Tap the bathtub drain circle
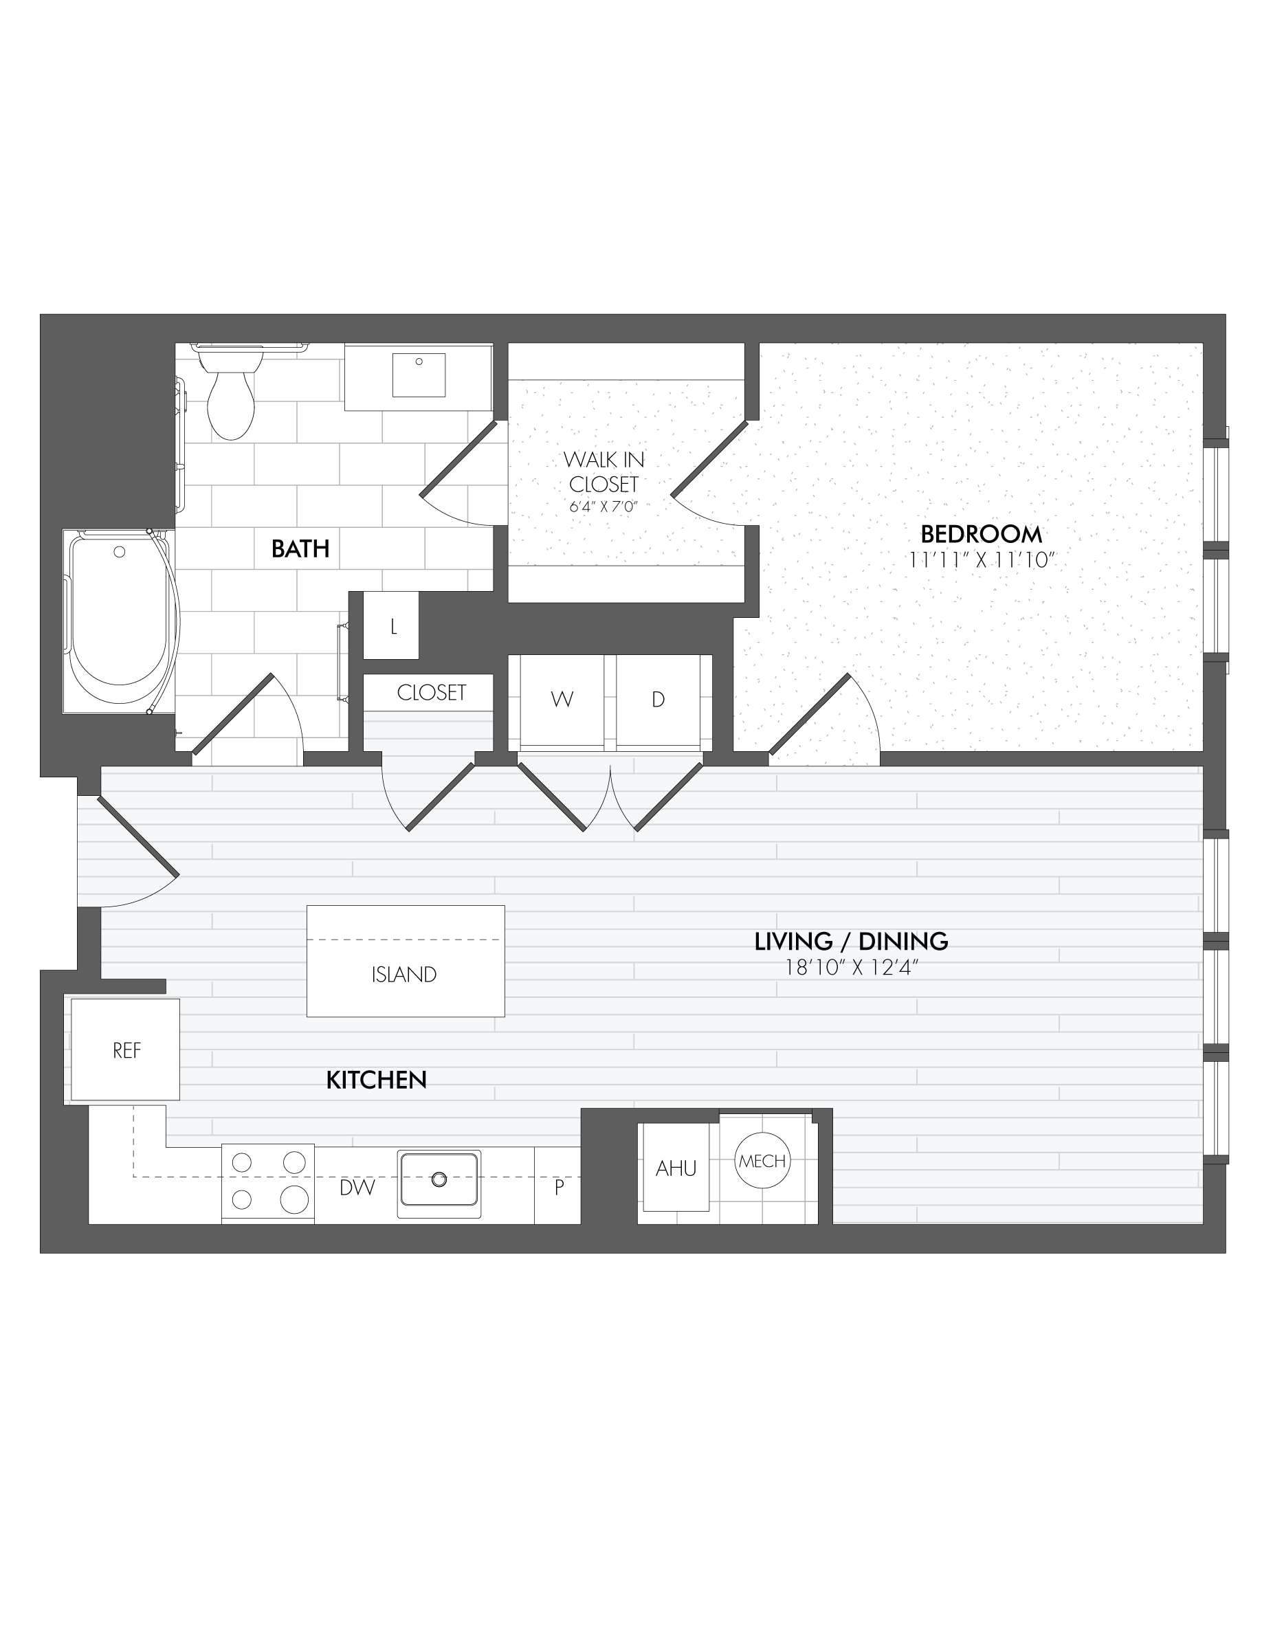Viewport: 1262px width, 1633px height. [x=119, y=552]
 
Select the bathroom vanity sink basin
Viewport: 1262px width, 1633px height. [x=419, y=375]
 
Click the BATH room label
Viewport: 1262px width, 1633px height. [x=300, y=549]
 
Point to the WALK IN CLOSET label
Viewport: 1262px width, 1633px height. [x=604, y=471]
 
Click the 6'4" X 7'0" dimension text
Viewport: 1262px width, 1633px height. [x=604, y=507]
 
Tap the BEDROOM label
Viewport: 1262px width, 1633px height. [x=981, y=534]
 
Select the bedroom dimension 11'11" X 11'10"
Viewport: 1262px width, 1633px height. [x=981, y=560]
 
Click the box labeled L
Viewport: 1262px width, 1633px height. [x=392, y=626]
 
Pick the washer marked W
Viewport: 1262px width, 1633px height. [x=562, y=700]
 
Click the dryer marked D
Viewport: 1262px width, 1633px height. [x=658, y=700]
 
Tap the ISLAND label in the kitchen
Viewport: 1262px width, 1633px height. [x=404, y=975]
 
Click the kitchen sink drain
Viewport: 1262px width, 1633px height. [x=439, y=1179]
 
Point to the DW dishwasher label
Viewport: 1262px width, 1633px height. [x=357, y=1188]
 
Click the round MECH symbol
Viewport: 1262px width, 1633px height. [x=762, y=1162]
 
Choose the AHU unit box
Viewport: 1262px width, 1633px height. [x=676, y=1168]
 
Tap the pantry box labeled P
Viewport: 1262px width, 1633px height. [x=558, y=1187]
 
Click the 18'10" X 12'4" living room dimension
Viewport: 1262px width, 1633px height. [x=851, y=968]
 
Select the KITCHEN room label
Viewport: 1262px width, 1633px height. [x=376, y=1080]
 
